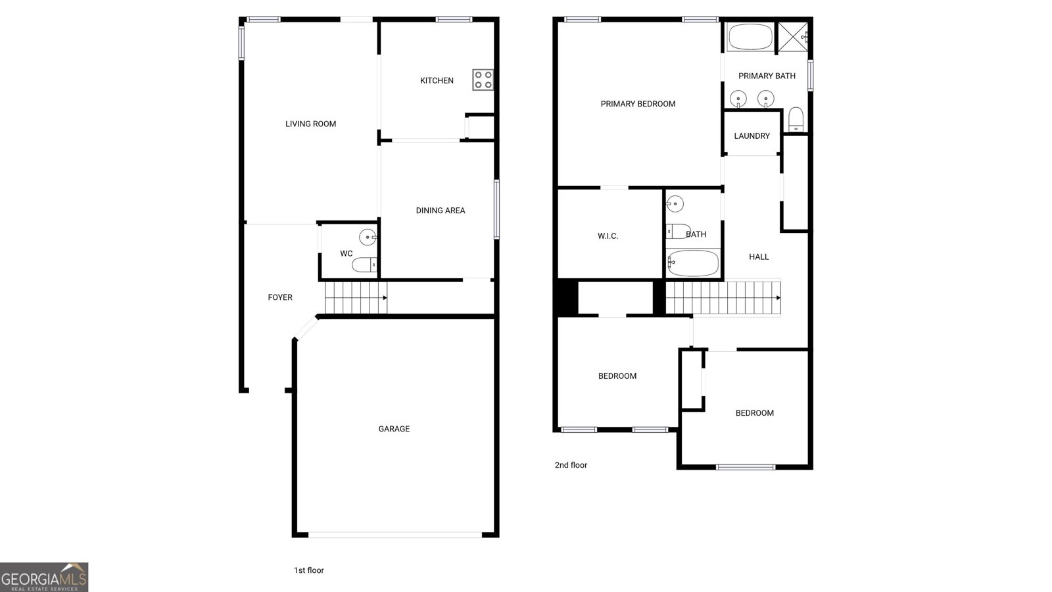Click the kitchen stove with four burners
click(x=483, y=80)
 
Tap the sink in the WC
click(x=368, y=237)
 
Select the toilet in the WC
click(x=364, y=265)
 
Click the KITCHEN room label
click(x=437, y=81)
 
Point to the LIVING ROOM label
click(x=310, y=124)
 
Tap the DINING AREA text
click(x=441, y=210)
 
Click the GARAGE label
click(x=394, y=429)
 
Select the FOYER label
click(x=280, y=297)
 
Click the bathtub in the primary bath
click(x=750, y=37)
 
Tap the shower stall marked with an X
click(x=793, y=37)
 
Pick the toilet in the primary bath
click(x=796, y=120)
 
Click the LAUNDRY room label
click(x=752, y=136)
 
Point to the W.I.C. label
click(x=608, y=236)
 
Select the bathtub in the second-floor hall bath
click(x=693, y=263)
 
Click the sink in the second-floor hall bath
click(x=675, y=204)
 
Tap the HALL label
click(x=759, y=257)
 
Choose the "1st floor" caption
click(x=309, y=570)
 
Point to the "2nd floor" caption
click(x=571, y=465)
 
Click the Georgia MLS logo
click(x=43, y=578)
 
